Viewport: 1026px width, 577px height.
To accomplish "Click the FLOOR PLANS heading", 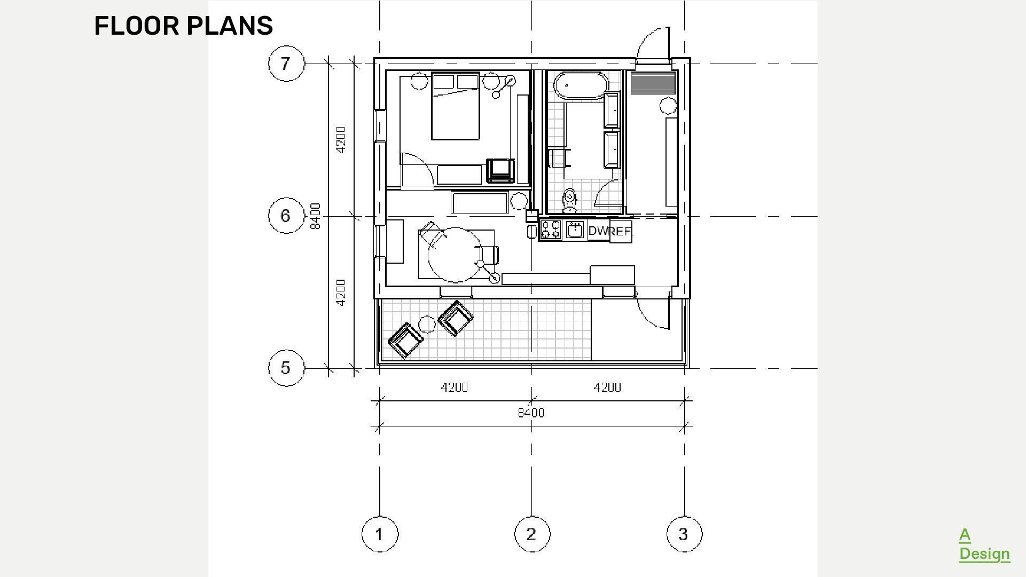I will click(183, 26).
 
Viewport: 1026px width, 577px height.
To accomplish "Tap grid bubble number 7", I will click(286, 64).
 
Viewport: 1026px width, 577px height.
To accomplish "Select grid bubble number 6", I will click(286, 216).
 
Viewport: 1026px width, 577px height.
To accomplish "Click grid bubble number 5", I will click(286, 368).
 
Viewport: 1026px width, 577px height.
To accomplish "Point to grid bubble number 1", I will click(379, 534).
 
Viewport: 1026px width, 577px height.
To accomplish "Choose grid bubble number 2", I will click(531, 534).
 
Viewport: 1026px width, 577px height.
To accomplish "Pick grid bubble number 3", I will click(684, 534).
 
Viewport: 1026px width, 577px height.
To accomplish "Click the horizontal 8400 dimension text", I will click(531, 413).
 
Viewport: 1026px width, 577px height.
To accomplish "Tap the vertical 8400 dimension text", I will click(316, 216).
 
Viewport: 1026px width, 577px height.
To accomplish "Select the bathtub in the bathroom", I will click(581, 85).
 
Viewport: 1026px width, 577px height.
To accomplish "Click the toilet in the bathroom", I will click(570, 200).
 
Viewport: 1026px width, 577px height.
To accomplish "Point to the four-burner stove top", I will click(551, 230).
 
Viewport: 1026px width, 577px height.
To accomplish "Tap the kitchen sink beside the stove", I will click(575, 230).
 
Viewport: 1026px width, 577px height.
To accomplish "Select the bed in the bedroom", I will click(455, 107).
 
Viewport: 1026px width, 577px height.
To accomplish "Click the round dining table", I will click(455, 255).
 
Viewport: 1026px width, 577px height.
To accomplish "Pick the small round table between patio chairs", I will click(426, 324).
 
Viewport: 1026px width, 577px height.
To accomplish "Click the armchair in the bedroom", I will click(500, 170).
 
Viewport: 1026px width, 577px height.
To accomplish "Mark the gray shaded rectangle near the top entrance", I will click(653, 84).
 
